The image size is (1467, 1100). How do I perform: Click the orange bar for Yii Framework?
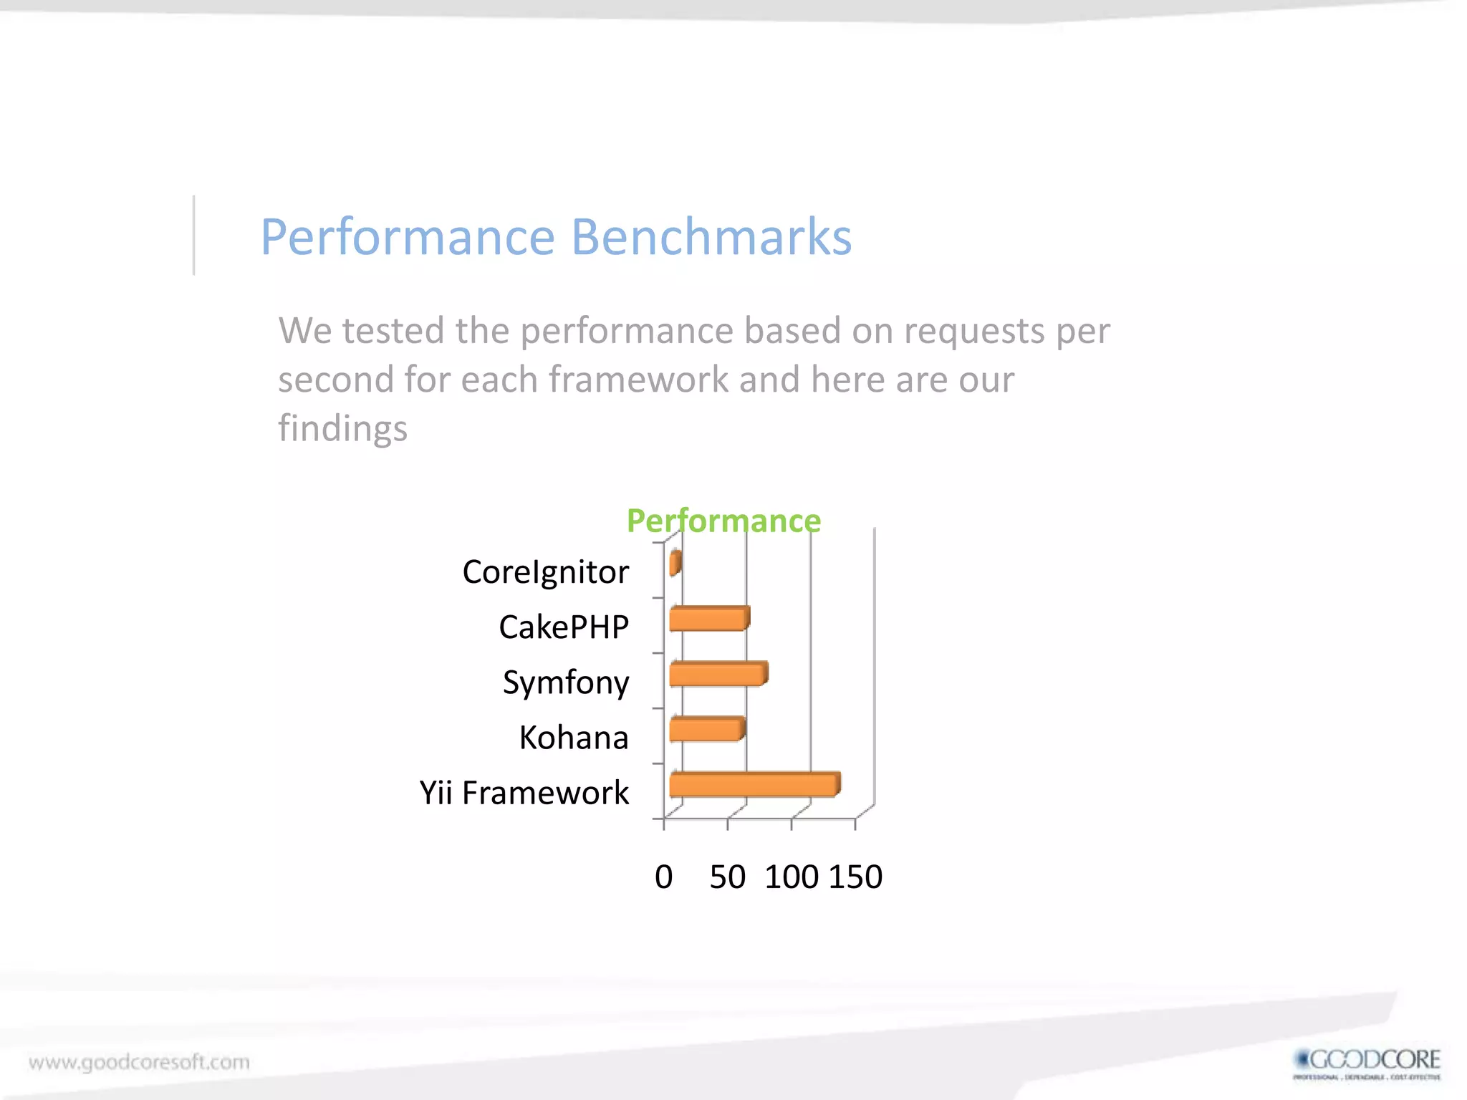(754, 785)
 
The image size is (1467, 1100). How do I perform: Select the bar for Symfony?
(718, 675)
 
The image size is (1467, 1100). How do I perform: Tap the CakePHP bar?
(708, 619)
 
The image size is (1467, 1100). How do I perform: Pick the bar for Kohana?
(706, 730)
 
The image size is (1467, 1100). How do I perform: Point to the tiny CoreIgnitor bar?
(675, 564)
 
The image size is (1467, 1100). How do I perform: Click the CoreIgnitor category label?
(545, 572)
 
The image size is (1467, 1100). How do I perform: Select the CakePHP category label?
(564, 627)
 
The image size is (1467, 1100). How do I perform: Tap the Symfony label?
(566, 682)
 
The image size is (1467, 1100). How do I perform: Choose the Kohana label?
(574, 738)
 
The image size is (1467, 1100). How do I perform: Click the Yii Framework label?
(524, 793)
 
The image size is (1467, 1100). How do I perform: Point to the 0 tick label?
(664, 877)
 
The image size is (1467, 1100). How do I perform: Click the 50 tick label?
(728, 877)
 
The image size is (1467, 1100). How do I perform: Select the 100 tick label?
(792, 877)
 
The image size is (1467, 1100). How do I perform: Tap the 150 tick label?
(856, 877)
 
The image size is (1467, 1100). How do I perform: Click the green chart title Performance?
(723, 521)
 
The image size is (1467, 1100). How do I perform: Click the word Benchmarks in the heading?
(711, 237)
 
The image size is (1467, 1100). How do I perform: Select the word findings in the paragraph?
(342, 428)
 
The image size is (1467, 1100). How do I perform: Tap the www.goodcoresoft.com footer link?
(140, 1062)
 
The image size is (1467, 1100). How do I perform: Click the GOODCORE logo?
(1367, 1063)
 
